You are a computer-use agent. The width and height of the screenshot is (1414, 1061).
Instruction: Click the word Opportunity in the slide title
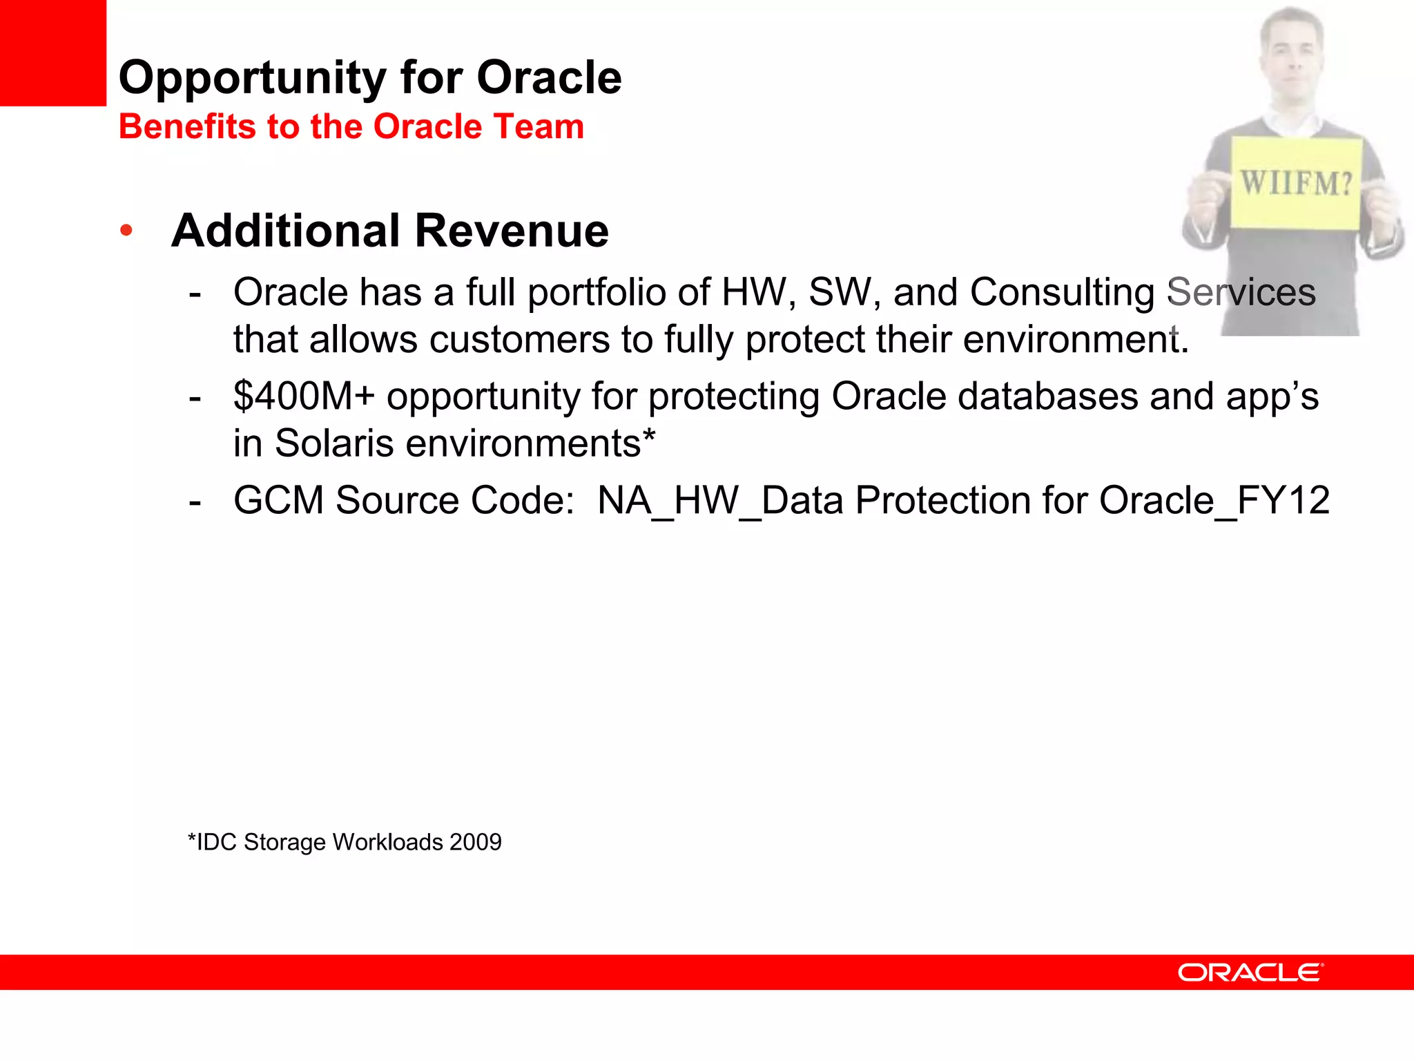[x=251, y=78]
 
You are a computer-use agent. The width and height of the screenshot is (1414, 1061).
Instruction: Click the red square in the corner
[x=52, y=52]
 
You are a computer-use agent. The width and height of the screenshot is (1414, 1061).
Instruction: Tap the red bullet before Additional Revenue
[x=126, y=230]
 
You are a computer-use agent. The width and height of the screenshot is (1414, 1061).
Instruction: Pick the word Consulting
[x=1061, y=293]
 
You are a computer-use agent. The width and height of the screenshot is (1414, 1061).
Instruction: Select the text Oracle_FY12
[x=1214, y=500]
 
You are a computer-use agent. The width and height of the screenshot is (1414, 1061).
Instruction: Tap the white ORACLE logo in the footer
[x=1250, y=973]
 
